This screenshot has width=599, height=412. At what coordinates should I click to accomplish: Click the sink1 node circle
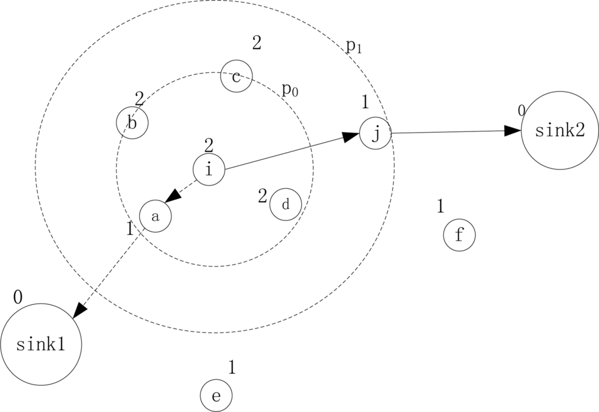tap(41, 344)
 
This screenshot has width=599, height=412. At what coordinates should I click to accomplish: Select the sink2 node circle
tap(559, 130)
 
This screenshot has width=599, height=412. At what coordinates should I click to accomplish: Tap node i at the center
tap(209, 169)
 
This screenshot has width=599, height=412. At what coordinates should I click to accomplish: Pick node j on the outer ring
tap(375, 133)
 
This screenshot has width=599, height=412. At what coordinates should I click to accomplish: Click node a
tap(155, 216)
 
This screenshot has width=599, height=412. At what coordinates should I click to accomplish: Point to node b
tap(132, 123)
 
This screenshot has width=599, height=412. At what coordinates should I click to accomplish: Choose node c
tap(236, 76)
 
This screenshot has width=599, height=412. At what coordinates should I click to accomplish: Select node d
tap(285, 205)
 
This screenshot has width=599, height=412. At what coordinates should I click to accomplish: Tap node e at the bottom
tap(216, 397)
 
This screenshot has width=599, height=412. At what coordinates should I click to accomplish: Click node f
tap(459, 236)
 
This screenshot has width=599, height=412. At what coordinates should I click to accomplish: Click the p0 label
tap(290, 89)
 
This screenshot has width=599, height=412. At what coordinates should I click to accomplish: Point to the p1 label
tap(354, 47)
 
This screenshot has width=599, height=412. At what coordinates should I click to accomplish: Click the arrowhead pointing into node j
tap(351, 136)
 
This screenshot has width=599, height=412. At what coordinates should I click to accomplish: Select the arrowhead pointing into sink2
tap(512, 130)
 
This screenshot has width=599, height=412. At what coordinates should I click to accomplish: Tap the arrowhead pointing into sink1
tap(80, 310)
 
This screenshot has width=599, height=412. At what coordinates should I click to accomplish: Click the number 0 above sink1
tap(18, 297)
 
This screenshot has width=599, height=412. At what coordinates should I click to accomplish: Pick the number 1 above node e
tap(232, 367)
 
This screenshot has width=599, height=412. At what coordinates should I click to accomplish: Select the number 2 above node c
tap(256, 42)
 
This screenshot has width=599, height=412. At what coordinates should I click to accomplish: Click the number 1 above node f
tap(440, 206)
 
